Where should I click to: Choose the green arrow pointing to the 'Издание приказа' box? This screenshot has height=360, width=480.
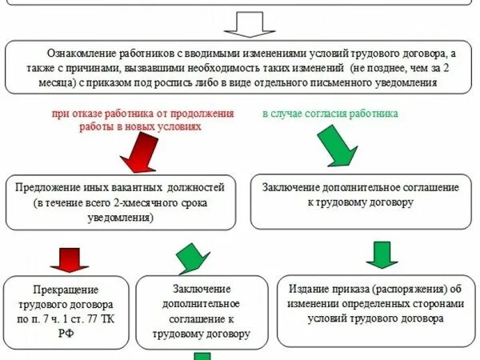[382, 254]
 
